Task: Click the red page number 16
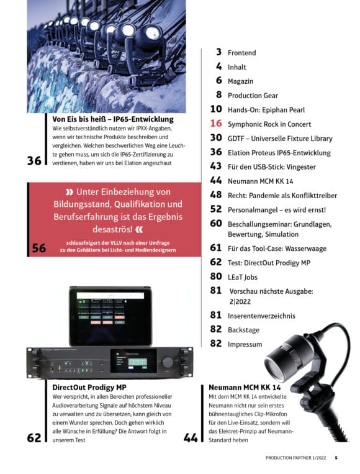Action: click(216, 124)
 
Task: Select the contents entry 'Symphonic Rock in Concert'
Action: click(269, 124)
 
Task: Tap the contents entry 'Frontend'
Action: click(241, 53)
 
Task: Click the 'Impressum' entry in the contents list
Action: click(245, 344)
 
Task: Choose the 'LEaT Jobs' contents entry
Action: click(243, 277)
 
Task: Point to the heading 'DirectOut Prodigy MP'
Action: click(89, 388)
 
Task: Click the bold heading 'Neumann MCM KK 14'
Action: click(245, 388)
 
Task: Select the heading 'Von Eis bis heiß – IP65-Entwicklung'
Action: click(113, 119)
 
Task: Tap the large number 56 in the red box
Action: click(39, 248)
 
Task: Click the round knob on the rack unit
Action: click(168, 362)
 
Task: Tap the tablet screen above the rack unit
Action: click(110, 316)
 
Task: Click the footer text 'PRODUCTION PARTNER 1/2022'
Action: click(295, 458)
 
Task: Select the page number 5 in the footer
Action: click(336, 458)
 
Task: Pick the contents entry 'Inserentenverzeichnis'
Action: click(261, 316)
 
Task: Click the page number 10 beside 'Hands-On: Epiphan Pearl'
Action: click(216, 109)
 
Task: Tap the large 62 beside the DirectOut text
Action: click(34, 438)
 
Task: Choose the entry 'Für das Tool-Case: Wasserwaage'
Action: click(277, 248)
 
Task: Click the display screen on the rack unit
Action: click(133, 362)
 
